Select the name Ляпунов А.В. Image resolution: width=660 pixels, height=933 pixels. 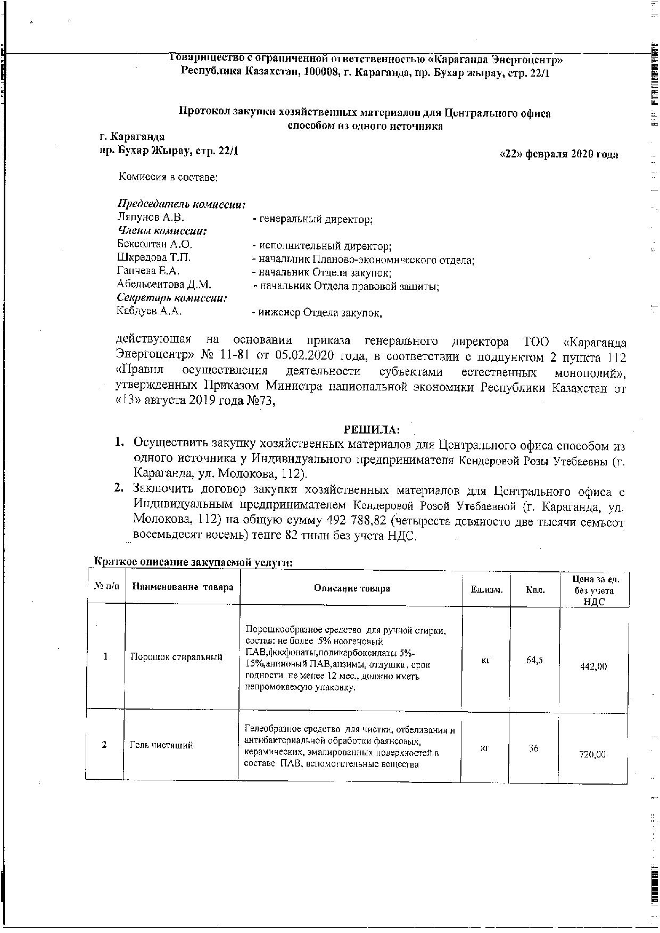tap(151, 217)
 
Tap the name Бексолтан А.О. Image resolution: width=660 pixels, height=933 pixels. tap(154, 245)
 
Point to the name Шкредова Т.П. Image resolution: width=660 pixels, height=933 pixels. tap(154, 258)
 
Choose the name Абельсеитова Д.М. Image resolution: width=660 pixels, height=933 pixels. tap(164, 285)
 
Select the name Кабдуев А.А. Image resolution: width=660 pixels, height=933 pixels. tap(150, 312)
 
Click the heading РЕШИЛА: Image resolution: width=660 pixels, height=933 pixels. tap(372, 429)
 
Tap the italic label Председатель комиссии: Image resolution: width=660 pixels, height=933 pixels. tap(181, 204)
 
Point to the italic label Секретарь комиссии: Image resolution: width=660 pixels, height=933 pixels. tap(172, 298)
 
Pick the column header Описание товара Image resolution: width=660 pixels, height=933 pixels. tap(352, 588)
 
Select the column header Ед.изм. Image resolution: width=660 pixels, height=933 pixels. tap(486, 589)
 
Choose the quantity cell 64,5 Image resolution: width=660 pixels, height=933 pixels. tap(534, 661)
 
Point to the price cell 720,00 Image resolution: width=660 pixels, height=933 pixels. tap(593, 754)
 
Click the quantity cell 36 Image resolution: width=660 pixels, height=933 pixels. tap(533, 748)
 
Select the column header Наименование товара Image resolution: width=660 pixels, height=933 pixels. tap(183, 587)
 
